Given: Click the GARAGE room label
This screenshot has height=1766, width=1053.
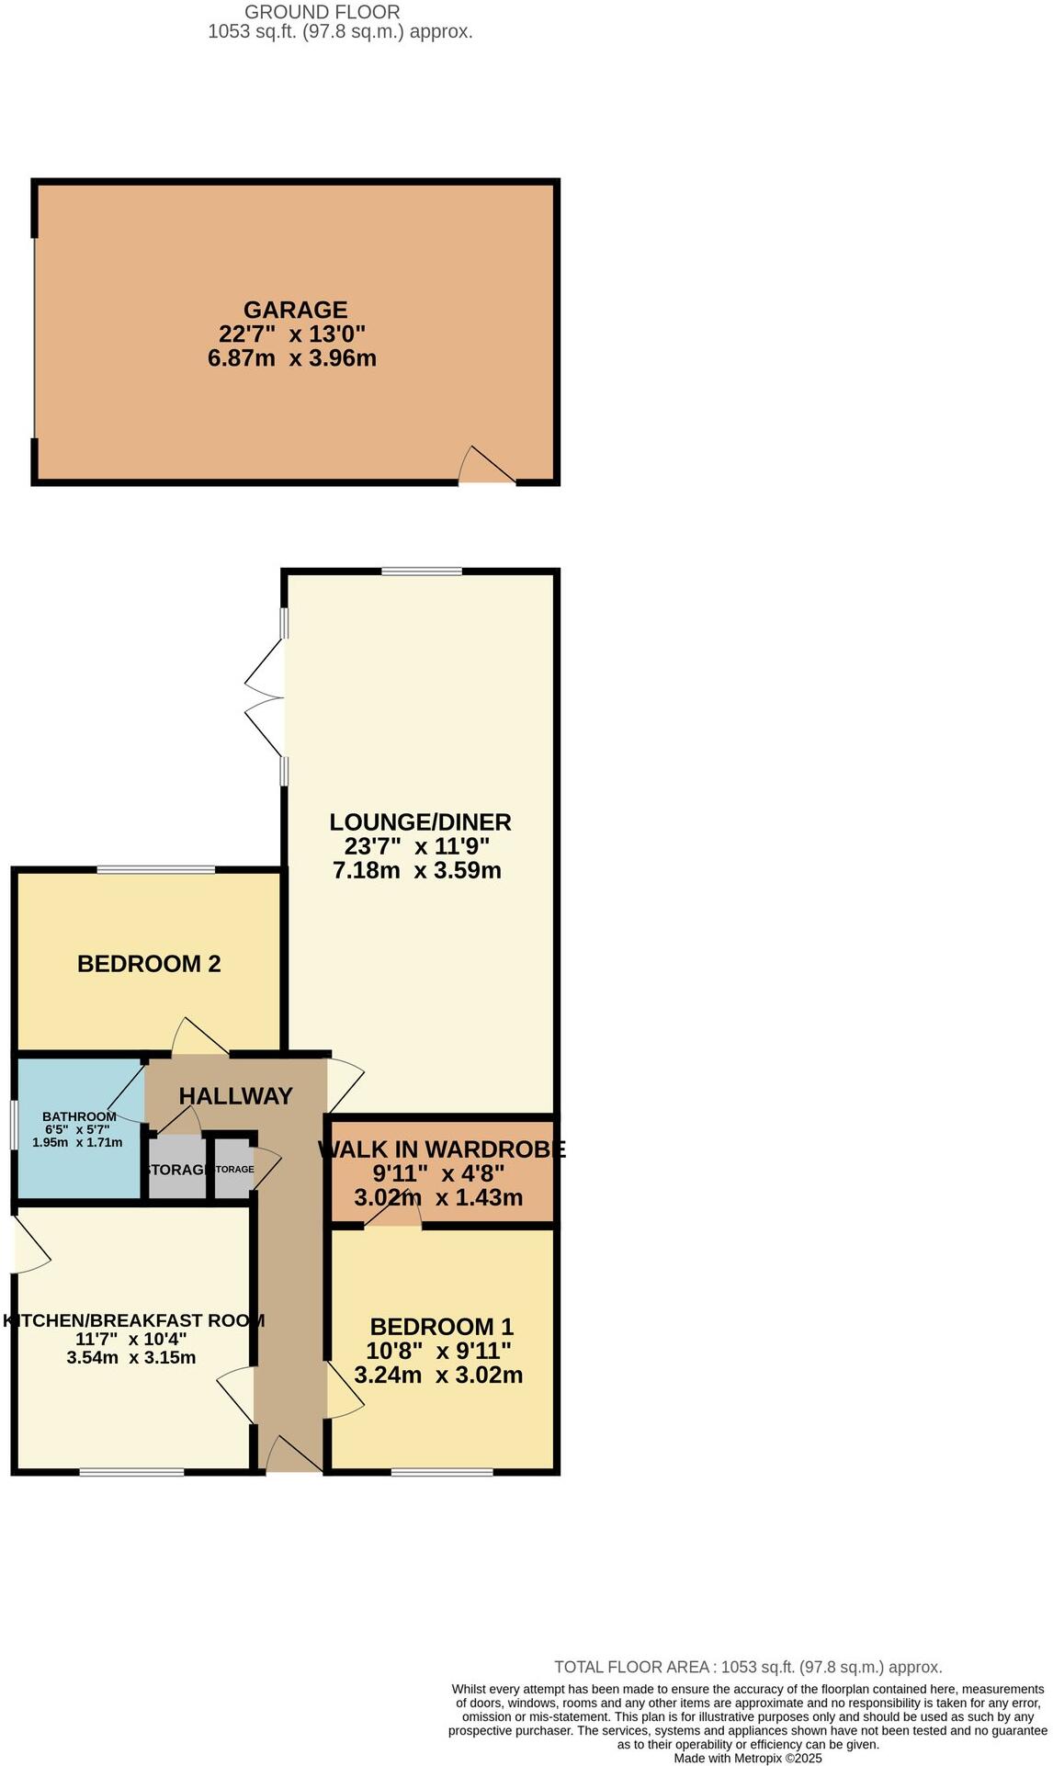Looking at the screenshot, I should point(295,310).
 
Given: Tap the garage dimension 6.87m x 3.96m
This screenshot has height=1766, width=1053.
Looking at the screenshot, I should point(292,358).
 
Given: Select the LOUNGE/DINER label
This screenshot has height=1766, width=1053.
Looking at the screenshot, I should point(420,822).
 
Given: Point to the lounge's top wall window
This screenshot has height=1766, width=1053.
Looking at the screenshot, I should point(422,572).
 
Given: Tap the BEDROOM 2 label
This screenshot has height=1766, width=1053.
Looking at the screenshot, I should point(149,964).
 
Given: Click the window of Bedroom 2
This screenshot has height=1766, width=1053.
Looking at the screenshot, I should point(156,869).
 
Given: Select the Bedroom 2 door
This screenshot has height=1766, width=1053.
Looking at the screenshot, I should point(198,1038).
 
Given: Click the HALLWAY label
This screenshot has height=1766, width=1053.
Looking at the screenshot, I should point(235,1096).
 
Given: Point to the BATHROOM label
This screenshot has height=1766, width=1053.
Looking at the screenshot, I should point(79,1116).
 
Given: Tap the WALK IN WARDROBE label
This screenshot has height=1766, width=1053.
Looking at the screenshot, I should point(441,1149).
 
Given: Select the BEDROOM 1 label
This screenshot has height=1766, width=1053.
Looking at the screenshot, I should point(441,1327).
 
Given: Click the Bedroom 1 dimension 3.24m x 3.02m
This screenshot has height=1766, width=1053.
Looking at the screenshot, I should point(438,1375).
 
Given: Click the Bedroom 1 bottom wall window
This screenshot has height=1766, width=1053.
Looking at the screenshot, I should point(442,1473).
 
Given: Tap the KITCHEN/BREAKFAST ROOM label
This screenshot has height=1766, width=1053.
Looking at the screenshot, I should point(133,1321).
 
